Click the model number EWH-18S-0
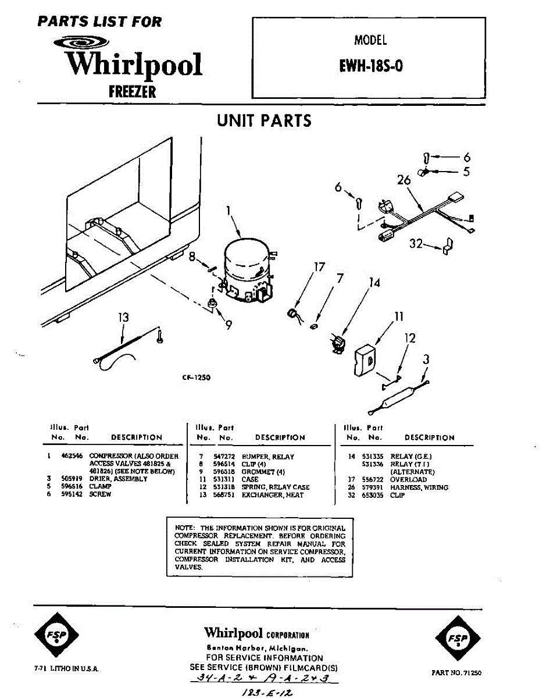coord(370,66)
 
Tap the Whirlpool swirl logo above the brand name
coord(80,42)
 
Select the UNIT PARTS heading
coord(264,120)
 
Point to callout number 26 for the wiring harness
coord(403,180)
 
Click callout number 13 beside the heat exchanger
coord(123,318)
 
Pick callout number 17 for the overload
coord(319,267)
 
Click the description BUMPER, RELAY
coord(268,457)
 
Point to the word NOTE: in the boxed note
coord(184,528)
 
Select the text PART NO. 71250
coord(456,672)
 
